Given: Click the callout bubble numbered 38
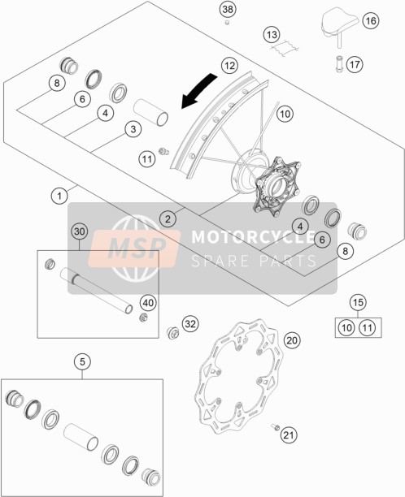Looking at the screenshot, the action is tap(228, 10).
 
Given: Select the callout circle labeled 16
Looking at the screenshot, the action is tap(370, 21).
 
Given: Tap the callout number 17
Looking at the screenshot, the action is tap(355, 65).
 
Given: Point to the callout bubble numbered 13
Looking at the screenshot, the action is tap(272, 35).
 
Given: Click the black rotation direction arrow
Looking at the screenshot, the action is tap(198, 89).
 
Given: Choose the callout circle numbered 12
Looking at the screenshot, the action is tap(229, 66).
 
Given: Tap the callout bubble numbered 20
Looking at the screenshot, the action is tap(292, 340).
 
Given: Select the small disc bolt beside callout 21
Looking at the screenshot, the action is tap(275, 427).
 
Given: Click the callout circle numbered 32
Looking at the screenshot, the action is tap(190, 324).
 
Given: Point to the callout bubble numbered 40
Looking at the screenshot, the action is tap(148, 303).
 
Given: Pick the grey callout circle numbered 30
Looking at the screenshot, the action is tap(80, 231).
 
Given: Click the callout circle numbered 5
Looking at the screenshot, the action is tap(82, 361).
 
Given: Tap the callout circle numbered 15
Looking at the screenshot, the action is tap(358, 302).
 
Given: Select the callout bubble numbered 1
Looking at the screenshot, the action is tap(59, 196).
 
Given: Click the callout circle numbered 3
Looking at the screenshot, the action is tap(133, 129).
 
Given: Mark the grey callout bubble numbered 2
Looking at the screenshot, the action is tap(168, 218).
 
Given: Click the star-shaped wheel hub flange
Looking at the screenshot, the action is tap(277, 187).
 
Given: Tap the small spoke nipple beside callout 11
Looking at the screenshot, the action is tap(163, 151).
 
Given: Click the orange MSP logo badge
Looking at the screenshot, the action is tap(134, 248).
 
